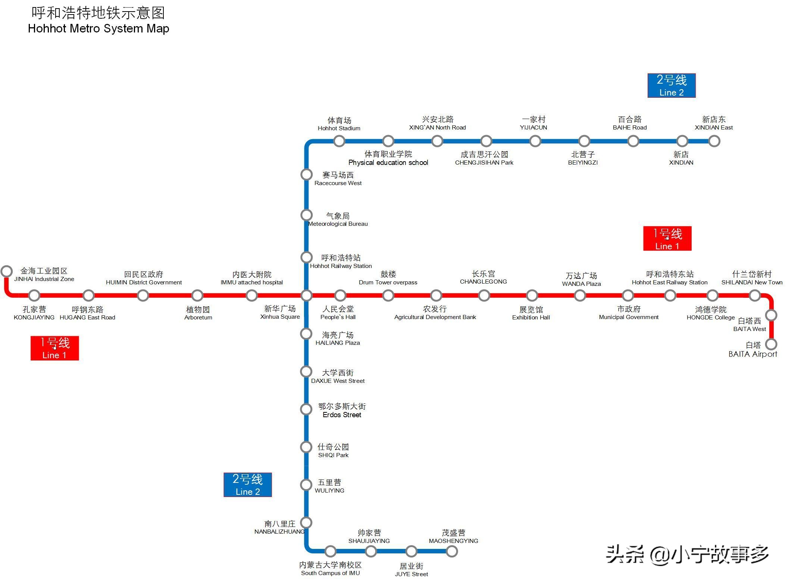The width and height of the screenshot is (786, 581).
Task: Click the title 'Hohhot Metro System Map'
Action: click(x=98, y=29)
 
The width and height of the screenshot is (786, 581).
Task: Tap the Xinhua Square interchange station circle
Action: click(x=306, y=296)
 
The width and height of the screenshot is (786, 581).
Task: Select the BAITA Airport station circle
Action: click(x=771, y=344)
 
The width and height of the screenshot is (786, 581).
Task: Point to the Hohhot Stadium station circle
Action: click(x=339, y=141)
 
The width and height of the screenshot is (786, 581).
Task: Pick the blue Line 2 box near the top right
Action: click(x=671, y=85)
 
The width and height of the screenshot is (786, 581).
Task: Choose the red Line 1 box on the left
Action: click(x=54, y=348)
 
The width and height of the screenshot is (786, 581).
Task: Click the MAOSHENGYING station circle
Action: click(x=452, y=551)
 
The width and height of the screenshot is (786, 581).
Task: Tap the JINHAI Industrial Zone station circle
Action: click(x=7, y=271)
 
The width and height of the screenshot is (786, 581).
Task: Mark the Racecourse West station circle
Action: click(x=306, y=174)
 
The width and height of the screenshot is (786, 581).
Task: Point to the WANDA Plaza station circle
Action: click(x=580, y=296)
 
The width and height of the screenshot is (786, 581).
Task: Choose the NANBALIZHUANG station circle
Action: click(x=306, y=522)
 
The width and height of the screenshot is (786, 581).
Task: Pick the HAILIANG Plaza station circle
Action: click(x=306, y=334)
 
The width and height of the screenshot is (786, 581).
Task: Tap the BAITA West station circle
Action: click(x=771, y=315)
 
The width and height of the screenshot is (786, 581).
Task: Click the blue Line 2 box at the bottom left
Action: click(x=248, y=485)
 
